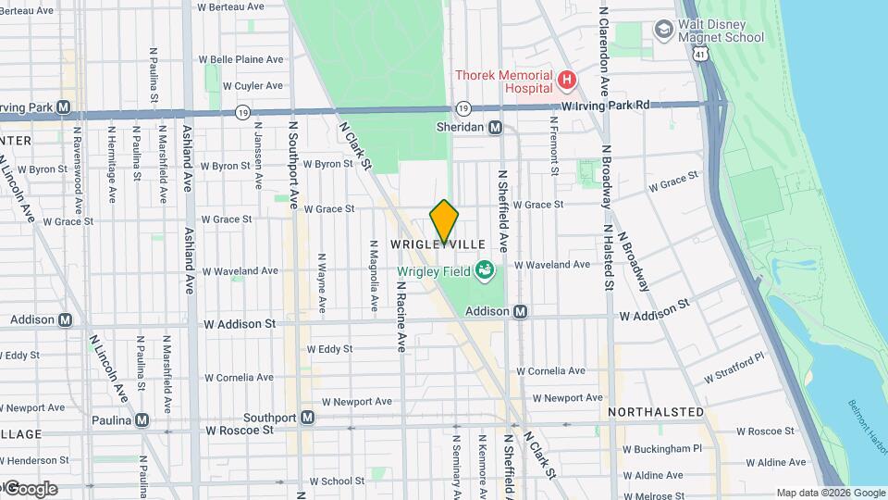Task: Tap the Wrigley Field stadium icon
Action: [484, 270]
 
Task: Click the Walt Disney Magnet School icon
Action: [663, 30]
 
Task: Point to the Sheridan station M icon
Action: [496, 128]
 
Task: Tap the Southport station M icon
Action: [308, 418]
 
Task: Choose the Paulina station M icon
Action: [142, 419]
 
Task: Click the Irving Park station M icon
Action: [63, 106]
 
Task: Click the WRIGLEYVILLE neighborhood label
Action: [438, 244]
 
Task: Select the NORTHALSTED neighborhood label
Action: [656, 411]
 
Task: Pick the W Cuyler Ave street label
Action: [253, 85]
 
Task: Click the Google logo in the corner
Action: [30, 488]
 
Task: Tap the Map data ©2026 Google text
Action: [831, 493]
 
